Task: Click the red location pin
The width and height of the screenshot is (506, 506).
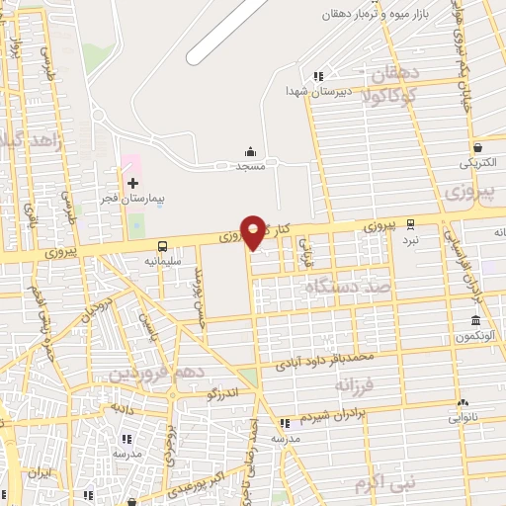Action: point(254,230)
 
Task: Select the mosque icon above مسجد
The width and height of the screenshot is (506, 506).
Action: point(251,152)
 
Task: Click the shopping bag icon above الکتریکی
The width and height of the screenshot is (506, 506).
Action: point(476,144)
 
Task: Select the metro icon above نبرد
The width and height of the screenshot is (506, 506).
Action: point(410,223)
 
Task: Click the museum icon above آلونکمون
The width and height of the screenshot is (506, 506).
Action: point(476,320)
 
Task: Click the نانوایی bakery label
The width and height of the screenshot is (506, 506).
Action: point(464,418)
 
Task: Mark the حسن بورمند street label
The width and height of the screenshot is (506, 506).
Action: point(199,287)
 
